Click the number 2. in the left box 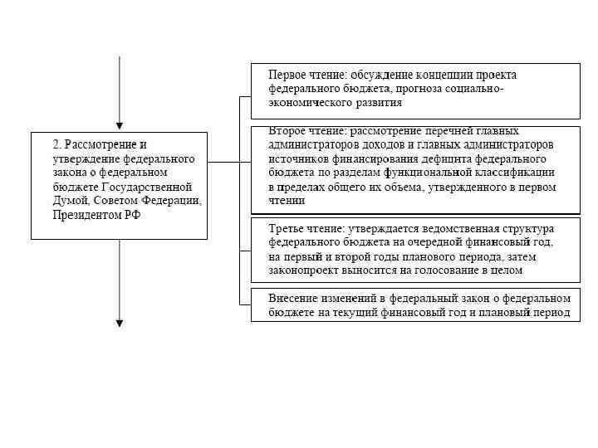point(57,144)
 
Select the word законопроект point(302,270)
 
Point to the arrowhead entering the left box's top point(120,124)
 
